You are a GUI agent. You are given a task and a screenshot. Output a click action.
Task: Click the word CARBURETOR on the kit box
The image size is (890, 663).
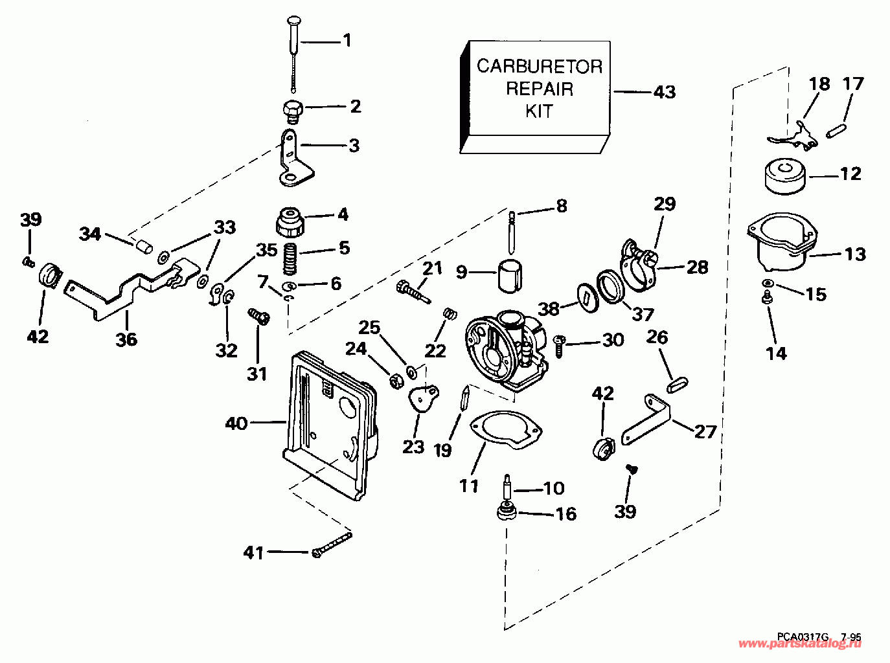pyautogui.click(x=539, y=66)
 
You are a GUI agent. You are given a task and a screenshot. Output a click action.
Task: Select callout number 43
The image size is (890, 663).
pyautogui.click(x=664, y=92)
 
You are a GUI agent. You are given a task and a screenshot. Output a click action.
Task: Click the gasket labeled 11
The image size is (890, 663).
pyautogui.click(x=505, y=430)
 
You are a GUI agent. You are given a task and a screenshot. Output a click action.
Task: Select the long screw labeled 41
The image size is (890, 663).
pyautogui.click(x=332, y=544)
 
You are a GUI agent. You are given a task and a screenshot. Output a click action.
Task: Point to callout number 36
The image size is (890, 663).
pyautogui.click(x=126, y=339)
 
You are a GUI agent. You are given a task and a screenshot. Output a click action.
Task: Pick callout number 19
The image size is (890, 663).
pyautogui.click(x=442, y=450)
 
